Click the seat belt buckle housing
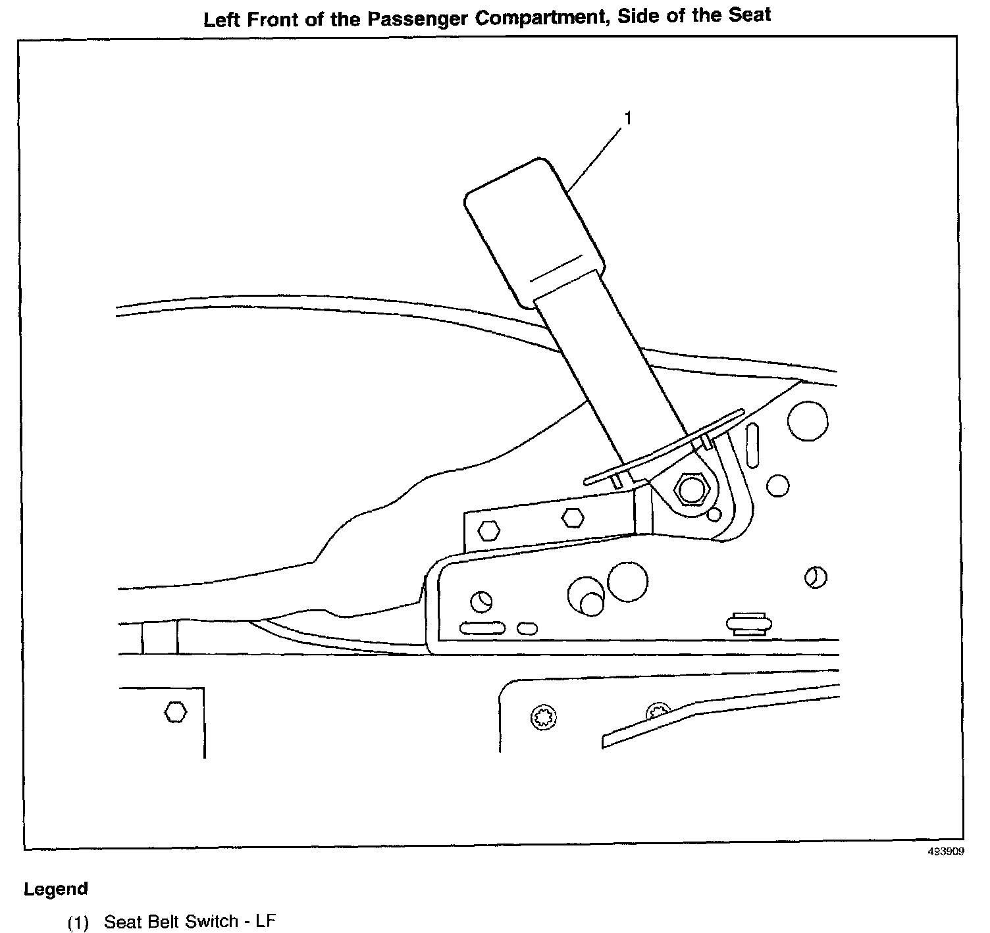point(533,230)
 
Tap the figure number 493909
point(946,851)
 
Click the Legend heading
point(55,889)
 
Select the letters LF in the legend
point(265,921)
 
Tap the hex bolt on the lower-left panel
point(174,712)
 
